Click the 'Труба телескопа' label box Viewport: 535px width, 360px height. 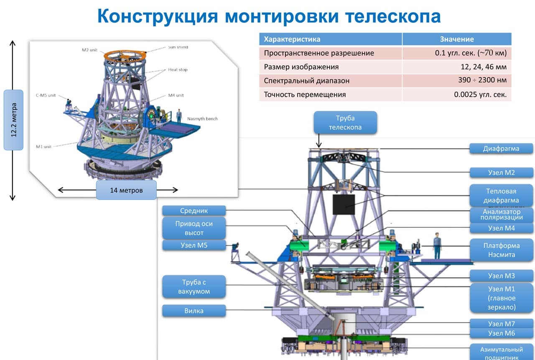point(345,123)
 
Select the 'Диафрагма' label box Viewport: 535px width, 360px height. point(501,148)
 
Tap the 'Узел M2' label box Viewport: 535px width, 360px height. point(501,173)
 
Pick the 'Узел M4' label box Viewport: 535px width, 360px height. point(501,228)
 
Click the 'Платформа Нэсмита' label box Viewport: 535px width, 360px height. point(501,250)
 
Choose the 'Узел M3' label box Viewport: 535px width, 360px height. point(501,276)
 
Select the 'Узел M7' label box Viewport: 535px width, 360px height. point(501,324)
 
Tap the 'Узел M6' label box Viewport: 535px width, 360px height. point(501,333)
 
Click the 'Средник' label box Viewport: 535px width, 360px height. point(194,211)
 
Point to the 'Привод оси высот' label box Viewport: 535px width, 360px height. point(194,228)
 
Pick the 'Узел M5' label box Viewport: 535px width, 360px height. point(194,245)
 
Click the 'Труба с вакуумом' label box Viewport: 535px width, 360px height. point(194,287)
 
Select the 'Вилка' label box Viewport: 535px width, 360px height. point(194,311)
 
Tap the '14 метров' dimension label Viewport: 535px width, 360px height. point(126,190)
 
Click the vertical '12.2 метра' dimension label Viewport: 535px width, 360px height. point(13,120)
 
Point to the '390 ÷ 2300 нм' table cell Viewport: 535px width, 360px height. point(457,80)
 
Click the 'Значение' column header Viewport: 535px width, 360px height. point(457,39)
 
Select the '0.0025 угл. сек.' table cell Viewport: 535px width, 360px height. point(457,94)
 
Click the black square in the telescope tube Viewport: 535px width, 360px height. point(344,204)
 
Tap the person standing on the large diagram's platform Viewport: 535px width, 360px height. point(437,245)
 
